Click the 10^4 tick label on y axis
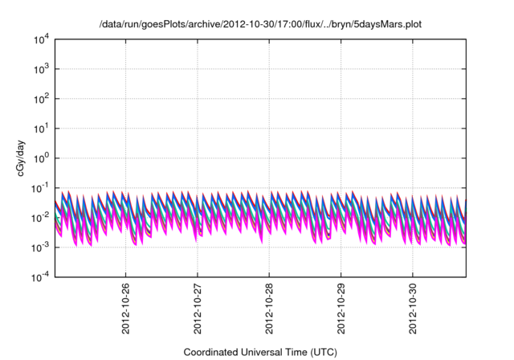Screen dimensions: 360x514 point(40,39)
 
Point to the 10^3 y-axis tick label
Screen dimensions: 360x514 point(40,69)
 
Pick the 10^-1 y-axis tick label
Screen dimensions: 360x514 point(39,188)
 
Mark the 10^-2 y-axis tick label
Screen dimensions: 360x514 point(39,218)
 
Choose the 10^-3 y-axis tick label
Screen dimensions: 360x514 point(39,247)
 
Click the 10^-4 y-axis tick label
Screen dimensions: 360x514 point(39,277)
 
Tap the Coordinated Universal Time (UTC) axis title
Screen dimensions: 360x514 point(260,352)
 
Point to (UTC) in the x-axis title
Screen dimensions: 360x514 point(323,352)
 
